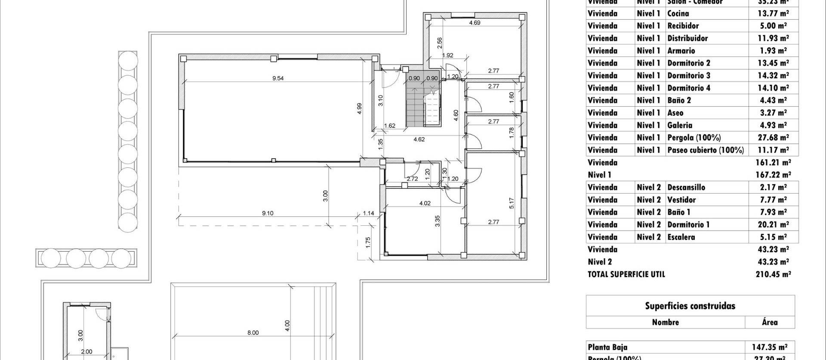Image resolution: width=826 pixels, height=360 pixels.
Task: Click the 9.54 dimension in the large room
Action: click(278, 78)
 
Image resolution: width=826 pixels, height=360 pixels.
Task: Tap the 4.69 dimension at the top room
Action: click(475, 23)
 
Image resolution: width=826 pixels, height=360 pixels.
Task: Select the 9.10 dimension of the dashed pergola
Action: click(268, 213)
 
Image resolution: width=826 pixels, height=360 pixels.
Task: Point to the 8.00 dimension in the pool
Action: click(253, 332)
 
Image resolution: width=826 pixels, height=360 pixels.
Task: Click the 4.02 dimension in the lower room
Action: click(425, 203)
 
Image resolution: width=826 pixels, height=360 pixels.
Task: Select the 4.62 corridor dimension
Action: click(419, 139)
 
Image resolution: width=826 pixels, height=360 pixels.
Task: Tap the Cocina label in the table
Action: click(678, 13)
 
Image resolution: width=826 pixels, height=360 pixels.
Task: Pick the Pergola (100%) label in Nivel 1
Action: click(693, 138)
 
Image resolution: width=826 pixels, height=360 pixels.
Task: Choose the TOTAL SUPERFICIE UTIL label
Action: click(626, 274)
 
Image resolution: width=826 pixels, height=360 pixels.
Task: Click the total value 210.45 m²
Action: click(773, 274)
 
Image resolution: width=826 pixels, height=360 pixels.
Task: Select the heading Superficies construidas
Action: click(690, 306)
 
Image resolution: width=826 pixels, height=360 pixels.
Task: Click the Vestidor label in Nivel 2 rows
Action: click(681, 200)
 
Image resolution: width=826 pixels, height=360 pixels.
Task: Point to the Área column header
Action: click(769, 322)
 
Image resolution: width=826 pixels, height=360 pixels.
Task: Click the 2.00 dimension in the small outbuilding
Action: click(87, 351)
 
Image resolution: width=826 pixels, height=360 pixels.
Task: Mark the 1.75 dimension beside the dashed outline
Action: click(368, 242)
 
